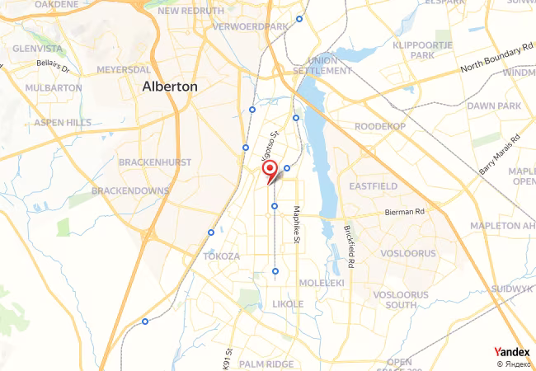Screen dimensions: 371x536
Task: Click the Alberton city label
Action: point(170,86)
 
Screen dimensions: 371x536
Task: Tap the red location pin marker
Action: point(269,170)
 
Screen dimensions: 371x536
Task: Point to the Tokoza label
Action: point(221,256)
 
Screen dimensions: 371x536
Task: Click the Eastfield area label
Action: point(373,186)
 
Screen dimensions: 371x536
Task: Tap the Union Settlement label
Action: point(322,66)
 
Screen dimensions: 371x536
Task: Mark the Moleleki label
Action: point(321,283)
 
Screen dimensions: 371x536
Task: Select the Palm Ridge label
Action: point(266,363)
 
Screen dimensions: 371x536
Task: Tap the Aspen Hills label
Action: point(63,122)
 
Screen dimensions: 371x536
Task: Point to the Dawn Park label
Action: point(494,106)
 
